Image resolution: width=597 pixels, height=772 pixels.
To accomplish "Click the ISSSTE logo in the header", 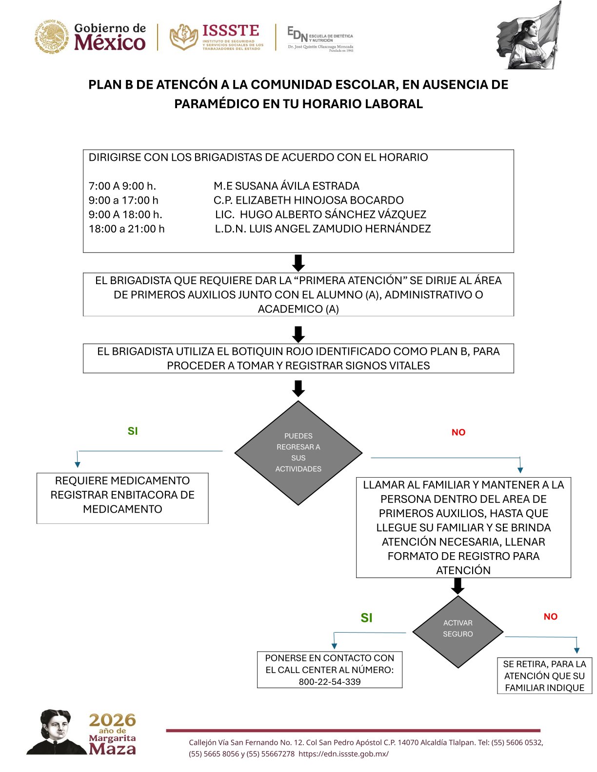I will click(x=216, y=37).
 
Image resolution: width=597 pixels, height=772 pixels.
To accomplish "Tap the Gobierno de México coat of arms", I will click(x=51, y=37).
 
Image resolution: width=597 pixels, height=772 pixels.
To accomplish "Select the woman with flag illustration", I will click(x=530, y=37).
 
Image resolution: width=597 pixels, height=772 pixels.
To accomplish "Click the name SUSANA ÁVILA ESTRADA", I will click(x=297, y=186).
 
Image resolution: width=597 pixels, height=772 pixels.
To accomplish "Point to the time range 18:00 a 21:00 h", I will click(x=127, y=229).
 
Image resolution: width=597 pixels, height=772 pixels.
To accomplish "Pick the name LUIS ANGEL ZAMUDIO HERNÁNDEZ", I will click(x=340, y=229).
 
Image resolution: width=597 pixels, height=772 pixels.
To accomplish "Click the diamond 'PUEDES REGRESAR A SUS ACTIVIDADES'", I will click(x=298, y=453).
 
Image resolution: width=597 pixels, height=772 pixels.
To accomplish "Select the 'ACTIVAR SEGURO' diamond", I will click(x=458, y=632).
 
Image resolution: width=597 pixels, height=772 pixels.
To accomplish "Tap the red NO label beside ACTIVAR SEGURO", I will click(x=550, y=617).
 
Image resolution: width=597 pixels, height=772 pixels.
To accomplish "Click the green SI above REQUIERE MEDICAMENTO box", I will click(x=133, y=431).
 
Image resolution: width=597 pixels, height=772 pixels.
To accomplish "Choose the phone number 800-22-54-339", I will click(x=330, y=682).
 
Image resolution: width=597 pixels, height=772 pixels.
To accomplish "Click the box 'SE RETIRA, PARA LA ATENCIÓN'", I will click(x=544, y=675).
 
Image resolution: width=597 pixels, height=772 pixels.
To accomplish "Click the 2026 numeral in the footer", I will click(x=112, y=720).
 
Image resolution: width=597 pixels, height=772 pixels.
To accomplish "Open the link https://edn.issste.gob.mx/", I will click(x=343, y=754).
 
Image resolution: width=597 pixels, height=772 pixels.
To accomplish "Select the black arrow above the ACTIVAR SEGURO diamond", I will click(x=458, y=586).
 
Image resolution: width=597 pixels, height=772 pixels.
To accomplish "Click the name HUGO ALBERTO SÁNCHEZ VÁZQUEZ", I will click(x=333, y=214).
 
